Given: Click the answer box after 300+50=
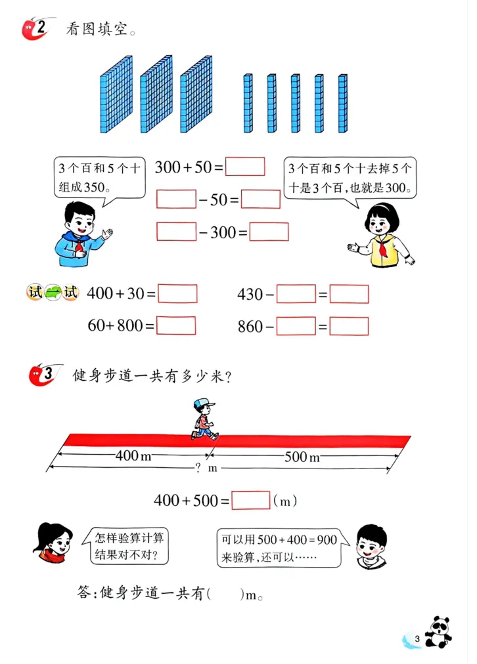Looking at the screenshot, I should tap(245, 167).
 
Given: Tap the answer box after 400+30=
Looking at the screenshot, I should tap(177, 293).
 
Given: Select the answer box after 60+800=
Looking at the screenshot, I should tap(176, 325).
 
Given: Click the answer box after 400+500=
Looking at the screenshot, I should tap(251, 500).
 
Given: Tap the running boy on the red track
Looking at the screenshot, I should tap(204, 419).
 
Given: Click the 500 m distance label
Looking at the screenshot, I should tap(303, 457).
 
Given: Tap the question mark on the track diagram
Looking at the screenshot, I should tap(198, 468).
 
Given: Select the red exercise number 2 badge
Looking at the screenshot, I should tap(36, 28).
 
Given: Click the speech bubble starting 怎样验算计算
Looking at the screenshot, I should tap(125, 546).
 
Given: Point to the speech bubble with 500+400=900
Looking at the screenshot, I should tap(279, 548).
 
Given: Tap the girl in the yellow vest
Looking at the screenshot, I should tap(382, 236).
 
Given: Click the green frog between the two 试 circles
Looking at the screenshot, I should tap(53, 293).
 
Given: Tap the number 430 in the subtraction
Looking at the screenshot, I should tap(250, 294).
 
